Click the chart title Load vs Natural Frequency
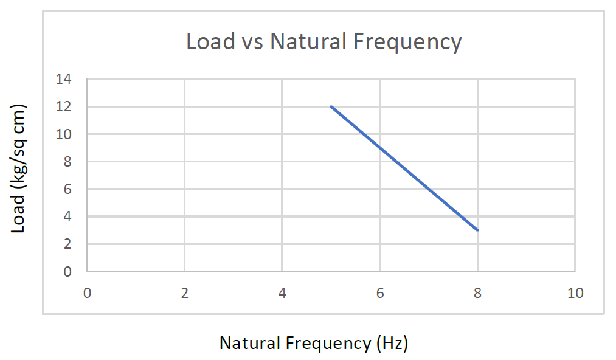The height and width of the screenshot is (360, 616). coord(324,42)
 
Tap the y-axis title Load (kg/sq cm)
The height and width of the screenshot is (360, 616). coord(19,170)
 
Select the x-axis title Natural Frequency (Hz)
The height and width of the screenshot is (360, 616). coord(313,343)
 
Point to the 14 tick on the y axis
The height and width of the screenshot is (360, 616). coord(64,79)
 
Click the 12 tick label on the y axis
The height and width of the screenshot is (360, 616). coord(64,106)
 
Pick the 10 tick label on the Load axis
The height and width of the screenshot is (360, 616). coord(64,134)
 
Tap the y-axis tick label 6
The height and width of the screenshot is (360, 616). coord(67,189)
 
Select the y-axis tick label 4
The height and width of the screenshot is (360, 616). coord(67,216)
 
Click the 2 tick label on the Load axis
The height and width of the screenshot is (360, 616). coord(67,244)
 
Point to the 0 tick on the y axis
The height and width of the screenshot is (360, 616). coord(67,272)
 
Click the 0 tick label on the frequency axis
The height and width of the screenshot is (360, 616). coord(87,293)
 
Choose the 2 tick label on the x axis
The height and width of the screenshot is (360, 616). coord(184,293)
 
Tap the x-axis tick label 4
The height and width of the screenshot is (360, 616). coord(282,293)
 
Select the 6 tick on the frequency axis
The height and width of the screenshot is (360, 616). coord(380,293)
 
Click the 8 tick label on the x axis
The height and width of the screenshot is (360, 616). coord(477,293)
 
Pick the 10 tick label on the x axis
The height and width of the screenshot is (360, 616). coord(575,293)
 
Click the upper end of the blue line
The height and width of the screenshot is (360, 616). coord(331,106)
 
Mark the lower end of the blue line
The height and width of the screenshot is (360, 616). coord(477,230)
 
